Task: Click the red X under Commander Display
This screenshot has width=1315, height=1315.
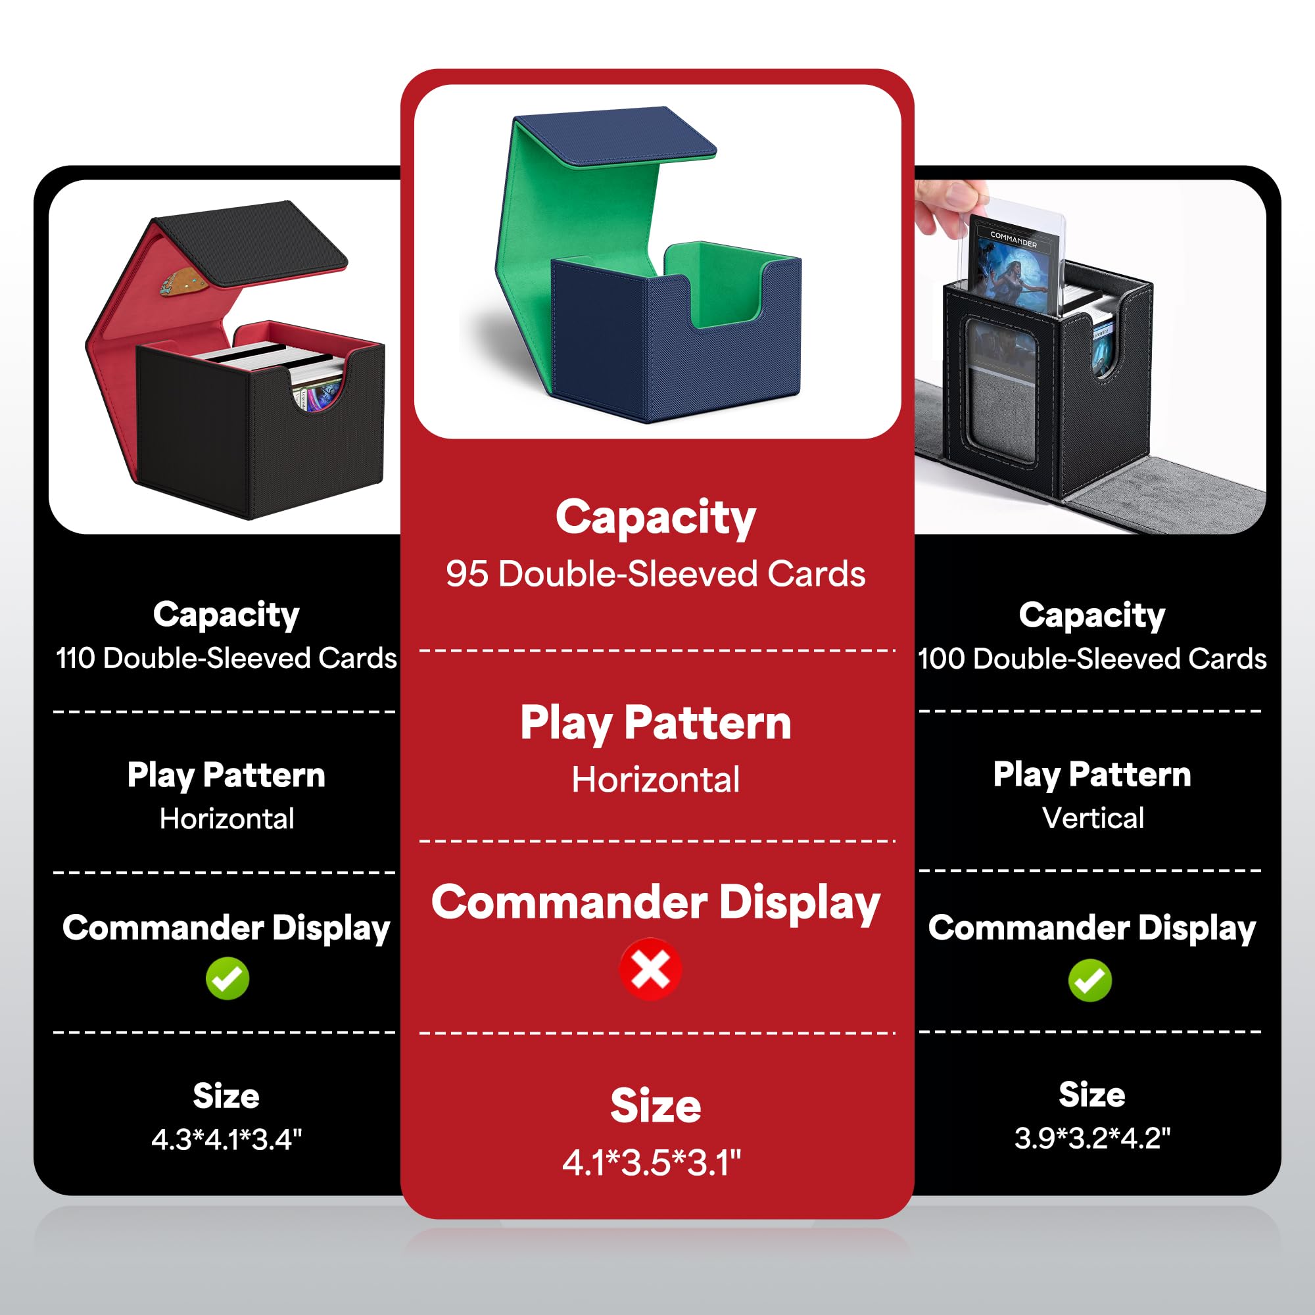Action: (x=650, y=969)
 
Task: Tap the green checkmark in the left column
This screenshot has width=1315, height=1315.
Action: (x=227, y=979)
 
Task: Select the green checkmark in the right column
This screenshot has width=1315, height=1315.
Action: (x=1089, y=980)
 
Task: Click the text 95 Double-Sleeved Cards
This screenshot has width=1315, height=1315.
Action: (x=656, y=574)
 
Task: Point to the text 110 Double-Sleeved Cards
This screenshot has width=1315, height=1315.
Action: (x=226, y=658)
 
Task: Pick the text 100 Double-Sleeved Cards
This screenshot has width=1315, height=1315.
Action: (x=1091, y=658)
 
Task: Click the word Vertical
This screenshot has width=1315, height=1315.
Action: (x=1092, y=817)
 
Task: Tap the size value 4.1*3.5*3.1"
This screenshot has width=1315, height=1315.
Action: (x=652, y=1162)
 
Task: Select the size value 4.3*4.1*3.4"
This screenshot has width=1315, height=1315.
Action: (x=226, y=1139)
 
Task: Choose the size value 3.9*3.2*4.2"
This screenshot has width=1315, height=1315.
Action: (x=1091, y=1137)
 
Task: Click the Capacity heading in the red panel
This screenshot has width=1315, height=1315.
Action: (x=656, y=517)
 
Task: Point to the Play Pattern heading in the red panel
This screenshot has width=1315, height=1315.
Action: (x=656, y=723)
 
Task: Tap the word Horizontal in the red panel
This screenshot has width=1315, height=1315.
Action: (x=656, y=780)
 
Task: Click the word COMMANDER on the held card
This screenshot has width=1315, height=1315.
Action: (x=1013, y=239)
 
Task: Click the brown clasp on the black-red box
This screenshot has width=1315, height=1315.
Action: (x=178, y=282)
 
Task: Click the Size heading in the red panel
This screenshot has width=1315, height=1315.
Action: (x=656, y=1105)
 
